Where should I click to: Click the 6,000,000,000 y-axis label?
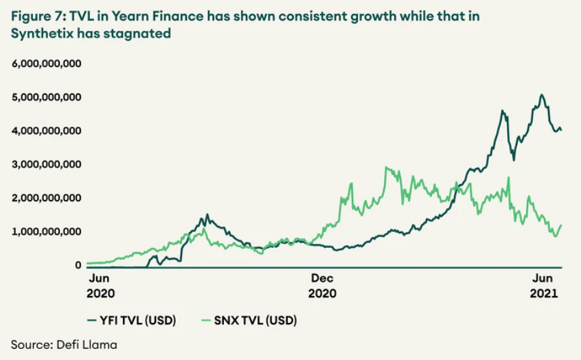[47, 63]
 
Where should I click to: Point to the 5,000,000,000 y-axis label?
[47, 97]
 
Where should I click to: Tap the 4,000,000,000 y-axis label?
[47, 131]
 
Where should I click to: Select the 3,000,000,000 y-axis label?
[47, 164]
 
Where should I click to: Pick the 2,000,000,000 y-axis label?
[47, 198]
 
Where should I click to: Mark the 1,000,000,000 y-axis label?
[47, 232]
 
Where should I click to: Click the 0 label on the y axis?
[78, 265]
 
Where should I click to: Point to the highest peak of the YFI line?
[542, 95]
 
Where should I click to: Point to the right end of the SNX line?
[562, 225]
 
